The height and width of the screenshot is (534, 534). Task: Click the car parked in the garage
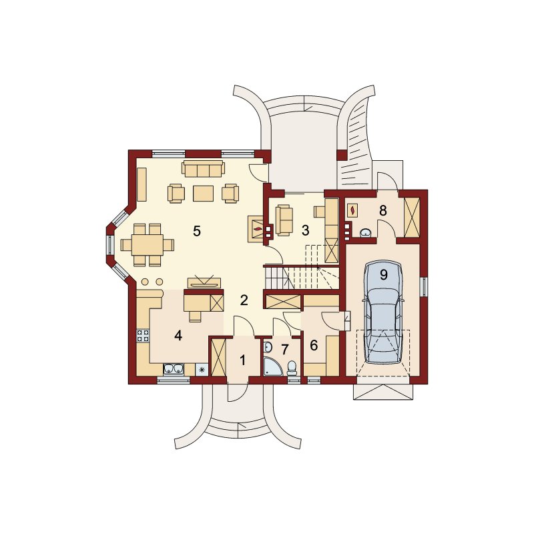pyautogui.click(x=383, y=312)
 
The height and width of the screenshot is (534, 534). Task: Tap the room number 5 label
pyautogui.click(x=197, y=231)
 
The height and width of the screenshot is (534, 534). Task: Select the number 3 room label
pyautogui.click(x=306, y=230)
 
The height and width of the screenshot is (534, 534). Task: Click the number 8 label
pyautogui.click(x=383, y=211)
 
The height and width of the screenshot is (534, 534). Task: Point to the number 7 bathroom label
pyautogui.click(x=285, y=348)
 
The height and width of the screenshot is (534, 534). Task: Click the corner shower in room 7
pyautogui.click(x=272, y=366)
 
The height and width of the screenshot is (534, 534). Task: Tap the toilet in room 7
pyautogui.click(x=292, y=368)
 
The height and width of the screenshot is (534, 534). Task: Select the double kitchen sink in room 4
pyautogui.click(x=174, y=369)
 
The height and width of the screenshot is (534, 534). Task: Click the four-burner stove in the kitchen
pyautogui.click(x=143, y=335)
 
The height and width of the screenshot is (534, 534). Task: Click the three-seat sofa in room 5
pyautogui.click(x=204, y=169)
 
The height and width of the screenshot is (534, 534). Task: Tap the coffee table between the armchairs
pyautogui.click(x=204, y=194)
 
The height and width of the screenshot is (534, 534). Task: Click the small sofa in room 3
pyautogui.click(x=284, y=220)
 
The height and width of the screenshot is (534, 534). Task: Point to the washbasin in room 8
pyautogui.click(x=366, y=233)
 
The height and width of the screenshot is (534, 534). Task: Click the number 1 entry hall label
pyautogui.click(x=242, y=360)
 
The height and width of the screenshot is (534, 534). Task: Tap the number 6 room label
pyautogui.click(x=314, y=345)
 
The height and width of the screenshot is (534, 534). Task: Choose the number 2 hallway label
pyautogui.click(x=244, y=300)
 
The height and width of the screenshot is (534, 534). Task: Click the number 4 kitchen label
pyautogui.click(x=178, y=336)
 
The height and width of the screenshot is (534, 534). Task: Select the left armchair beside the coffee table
pyautogui.click(x=176, y=194)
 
